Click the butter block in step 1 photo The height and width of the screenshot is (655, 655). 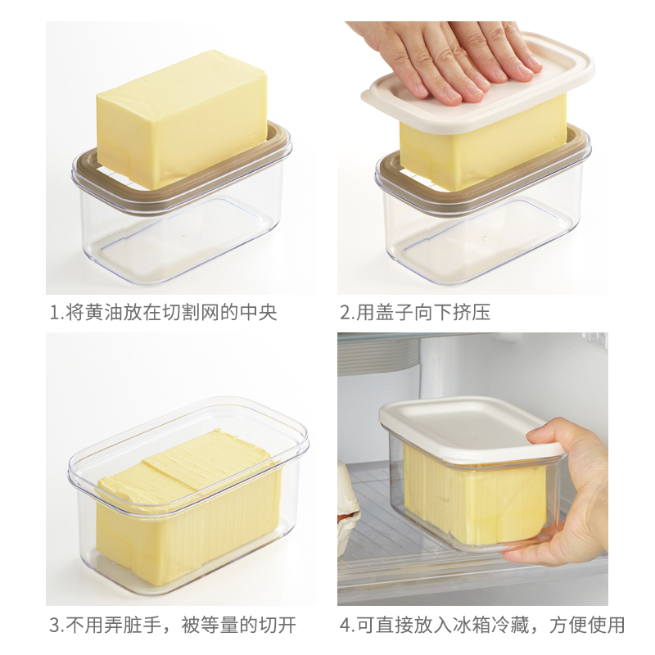point(182,119)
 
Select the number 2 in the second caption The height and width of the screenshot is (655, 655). point(346,313)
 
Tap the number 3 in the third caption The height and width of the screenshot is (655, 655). point(55,626)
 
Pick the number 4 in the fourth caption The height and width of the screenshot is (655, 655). point(346,626)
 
